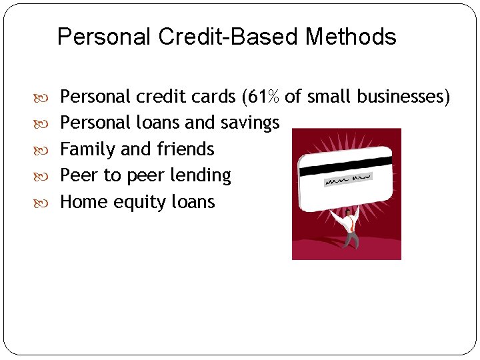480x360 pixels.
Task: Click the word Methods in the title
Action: (351, 37)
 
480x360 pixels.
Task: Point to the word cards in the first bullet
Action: (214, 97)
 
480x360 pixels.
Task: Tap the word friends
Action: (185, 149)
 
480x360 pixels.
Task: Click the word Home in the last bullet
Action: (84, 202)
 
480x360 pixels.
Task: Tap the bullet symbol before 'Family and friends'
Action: (49, 150)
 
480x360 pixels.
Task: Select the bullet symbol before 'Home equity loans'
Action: (49, 203)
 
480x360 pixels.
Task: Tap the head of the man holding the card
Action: (348, 213)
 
